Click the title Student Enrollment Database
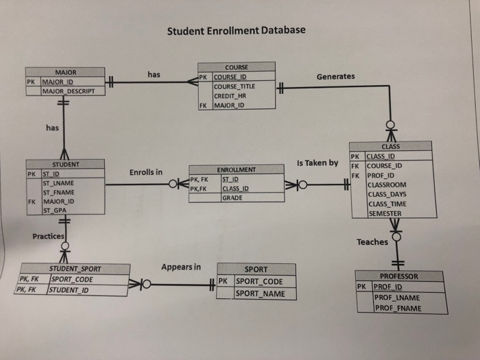coord(237,30)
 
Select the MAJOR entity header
coord(66,71)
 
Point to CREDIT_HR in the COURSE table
coord(230,97)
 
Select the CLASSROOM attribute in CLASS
coord(387,184)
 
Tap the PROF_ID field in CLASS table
coord(382,175)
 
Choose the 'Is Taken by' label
coord(317,163)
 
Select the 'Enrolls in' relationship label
coord(145,171)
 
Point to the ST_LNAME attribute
coord(58,183)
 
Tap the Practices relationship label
coord(48,237)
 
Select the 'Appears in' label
coord(181,266)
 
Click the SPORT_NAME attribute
coord(259,293)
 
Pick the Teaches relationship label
coord(372,242)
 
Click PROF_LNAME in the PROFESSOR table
coord(398,298)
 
